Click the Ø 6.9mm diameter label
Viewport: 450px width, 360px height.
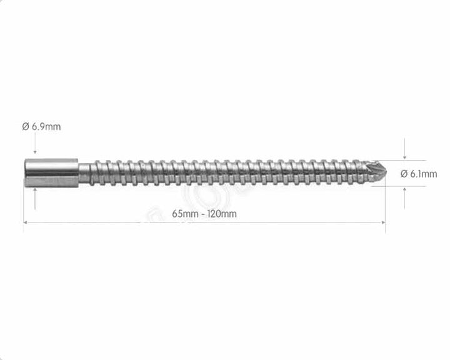coord(41,127)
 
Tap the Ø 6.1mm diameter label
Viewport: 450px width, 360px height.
coord(418,174)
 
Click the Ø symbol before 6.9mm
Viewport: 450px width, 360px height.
coord(25,127)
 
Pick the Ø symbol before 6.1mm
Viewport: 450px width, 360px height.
coord(404,174)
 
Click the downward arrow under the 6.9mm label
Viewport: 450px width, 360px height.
coord(35,150)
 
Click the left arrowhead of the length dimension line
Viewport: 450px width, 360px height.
coord(26,222)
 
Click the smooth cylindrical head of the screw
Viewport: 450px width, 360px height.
coord(51,172)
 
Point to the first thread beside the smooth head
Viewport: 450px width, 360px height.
coord(86,172)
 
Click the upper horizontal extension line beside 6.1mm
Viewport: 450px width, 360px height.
coord(400,160)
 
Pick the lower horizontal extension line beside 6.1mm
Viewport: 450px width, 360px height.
coord(400,186)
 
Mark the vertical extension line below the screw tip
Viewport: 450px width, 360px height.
coord(385,206)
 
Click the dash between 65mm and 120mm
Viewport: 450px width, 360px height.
coord(204,214)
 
